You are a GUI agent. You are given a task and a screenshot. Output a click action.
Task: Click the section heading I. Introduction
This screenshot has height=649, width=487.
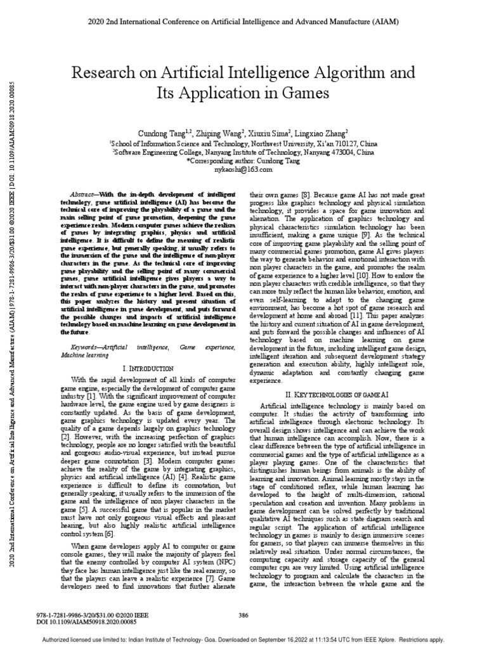point(147,368)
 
